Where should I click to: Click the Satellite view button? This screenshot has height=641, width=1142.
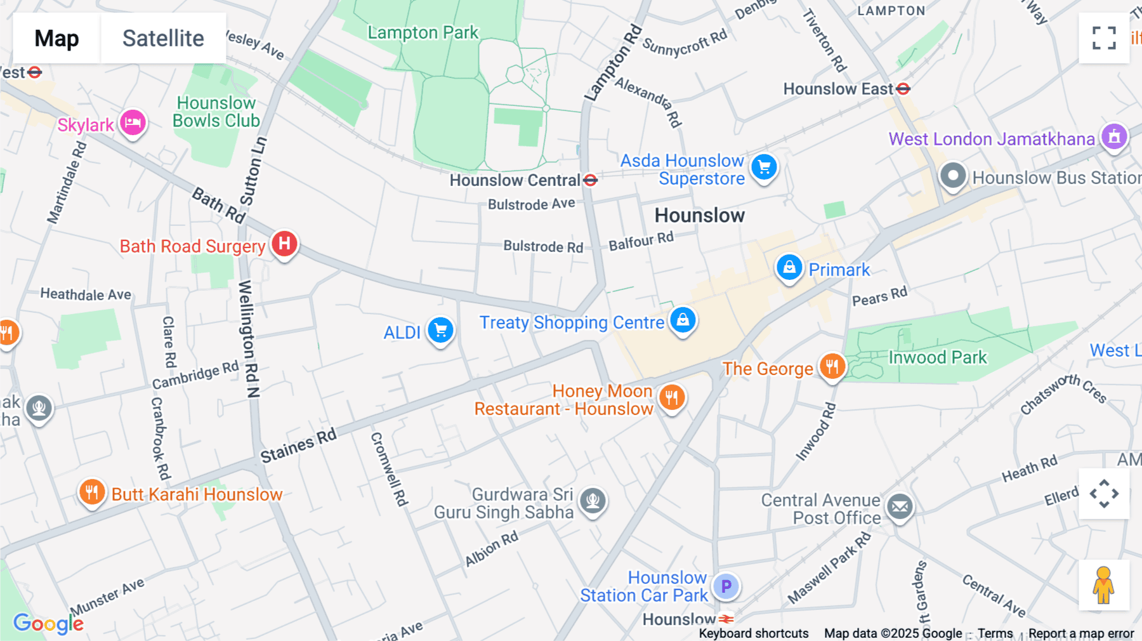(163, 38)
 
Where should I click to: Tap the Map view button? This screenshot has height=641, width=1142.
(56, 38)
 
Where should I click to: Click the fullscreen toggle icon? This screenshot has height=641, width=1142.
(1104, 38)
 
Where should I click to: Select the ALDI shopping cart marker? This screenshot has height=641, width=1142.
(440, 330)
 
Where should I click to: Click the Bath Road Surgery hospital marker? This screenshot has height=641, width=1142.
(284, 244)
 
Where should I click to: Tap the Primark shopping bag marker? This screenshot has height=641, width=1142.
(789, 267)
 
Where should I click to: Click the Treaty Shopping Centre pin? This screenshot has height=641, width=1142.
(683, 320)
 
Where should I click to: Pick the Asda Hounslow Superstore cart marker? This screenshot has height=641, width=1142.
(764, 168)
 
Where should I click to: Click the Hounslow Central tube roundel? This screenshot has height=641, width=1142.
(591, 180)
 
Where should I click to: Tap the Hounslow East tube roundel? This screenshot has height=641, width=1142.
(903, 89)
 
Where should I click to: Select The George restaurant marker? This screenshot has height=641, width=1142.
(832, 366)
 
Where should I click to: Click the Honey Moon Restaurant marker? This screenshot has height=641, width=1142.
(672, 398)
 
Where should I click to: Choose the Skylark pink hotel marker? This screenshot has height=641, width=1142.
(133, 122)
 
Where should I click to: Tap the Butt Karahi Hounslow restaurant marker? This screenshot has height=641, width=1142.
(92, 492)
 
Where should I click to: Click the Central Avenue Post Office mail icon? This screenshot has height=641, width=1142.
(900, 506)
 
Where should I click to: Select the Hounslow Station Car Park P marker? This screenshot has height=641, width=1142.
(726, 586)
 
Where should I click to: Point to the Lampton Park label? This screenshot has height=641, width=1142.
(423, 32)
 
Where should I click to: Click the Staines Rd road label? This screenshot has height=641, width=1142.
(298, 446)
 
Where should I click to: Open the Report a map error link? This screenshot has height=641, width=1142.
(1080, 633)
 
